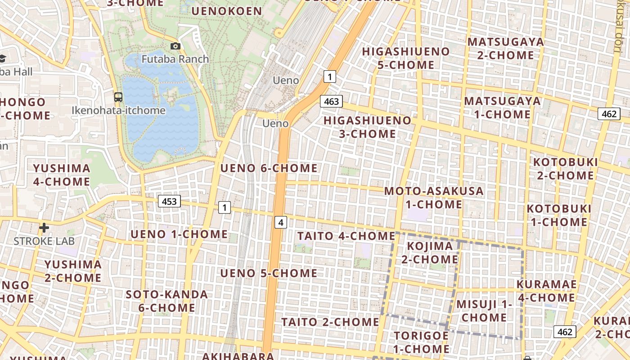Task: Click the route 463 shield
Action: pyautogui.click(x=331, y=101)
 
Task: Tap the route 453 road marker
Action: pyautogui.click(x=169, y=201)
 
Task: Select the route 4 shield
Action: pyautogui.click(x=281, y=222)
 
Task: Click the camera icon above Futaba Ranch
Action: pyautogui.click(x=175, y=46)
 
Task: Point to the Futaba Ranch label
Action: pyautogui.click(x=175, y=59)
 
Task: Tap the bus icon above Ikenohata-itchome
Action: pyautogui.click(x=118, y=97)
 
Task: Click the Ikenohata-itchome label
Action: pyautogui.click(x=118, y=110)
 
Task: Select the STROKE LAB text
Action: pyautogui.click(x=44, y=241)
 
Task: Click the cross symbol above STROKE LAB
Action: pyautogui.click(x=44, y=228)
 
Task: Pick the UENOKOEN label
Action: pyautogui.click(x=227, y=11)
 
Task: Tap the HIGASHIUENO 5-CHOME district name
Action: pyautogui.click(x=406, y=58)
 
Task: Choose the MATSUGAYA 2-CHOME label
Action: pyautogui.click(x=506, y=49)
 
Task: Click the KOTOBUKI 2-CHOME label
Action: pyautogui.click(x=565, y=168)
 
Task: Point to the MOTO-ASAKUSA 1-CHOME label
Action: pyautogui.click(x=434, y=198)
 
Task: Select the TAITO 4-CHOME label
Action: pyautogui.click(x=346, y=236)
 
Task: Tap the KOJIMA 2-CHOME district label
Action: pyautogui.click(x=430, y=252)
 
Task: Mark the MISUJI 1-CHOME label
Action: pyautogui.click(x=484, y=310)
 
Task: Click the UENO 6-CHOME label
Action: pyautogui.click(x=269, y=168)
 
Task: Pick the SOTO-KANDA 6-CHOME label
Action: pyautogui.click(x=166, y=301)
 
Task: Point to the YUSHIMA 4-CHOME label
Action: pyautogui.click(x=61, y=175)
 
